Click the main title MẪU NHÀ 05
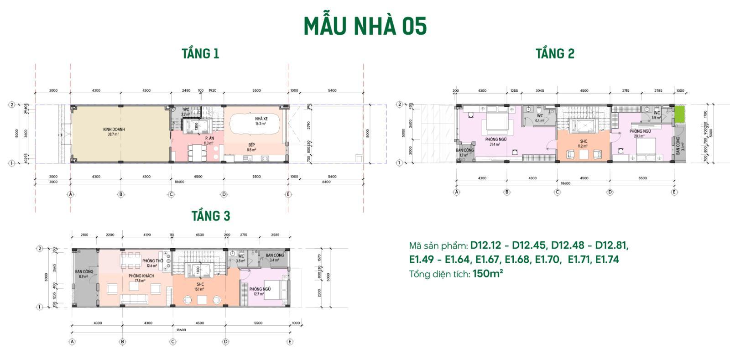[365, 26]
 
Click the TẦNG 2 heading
[555, 54]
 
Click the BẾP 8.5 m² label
[251, 147]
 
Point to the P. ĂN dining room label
[209, 140]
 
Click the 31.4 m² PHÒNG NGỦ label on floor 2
[495, 141]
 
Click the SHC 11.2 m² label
[583, 144]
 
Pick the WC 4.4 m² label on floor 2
[540, 118]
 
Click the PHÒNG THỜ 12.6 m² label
[152, 263]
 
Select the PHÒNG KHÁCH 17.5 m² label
[141, 278]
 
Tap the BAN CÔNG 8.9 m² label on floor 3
[84, 274]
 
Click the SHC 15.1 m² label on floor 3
[200, 287]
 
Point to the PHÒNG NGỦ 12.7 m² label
[260, 291]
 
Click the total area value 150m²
[487, 274]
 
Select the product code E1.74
[607, 260]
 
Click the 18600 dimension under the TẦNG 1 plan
[179, 182]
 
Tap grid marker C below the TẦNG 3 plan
[173, 341]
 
